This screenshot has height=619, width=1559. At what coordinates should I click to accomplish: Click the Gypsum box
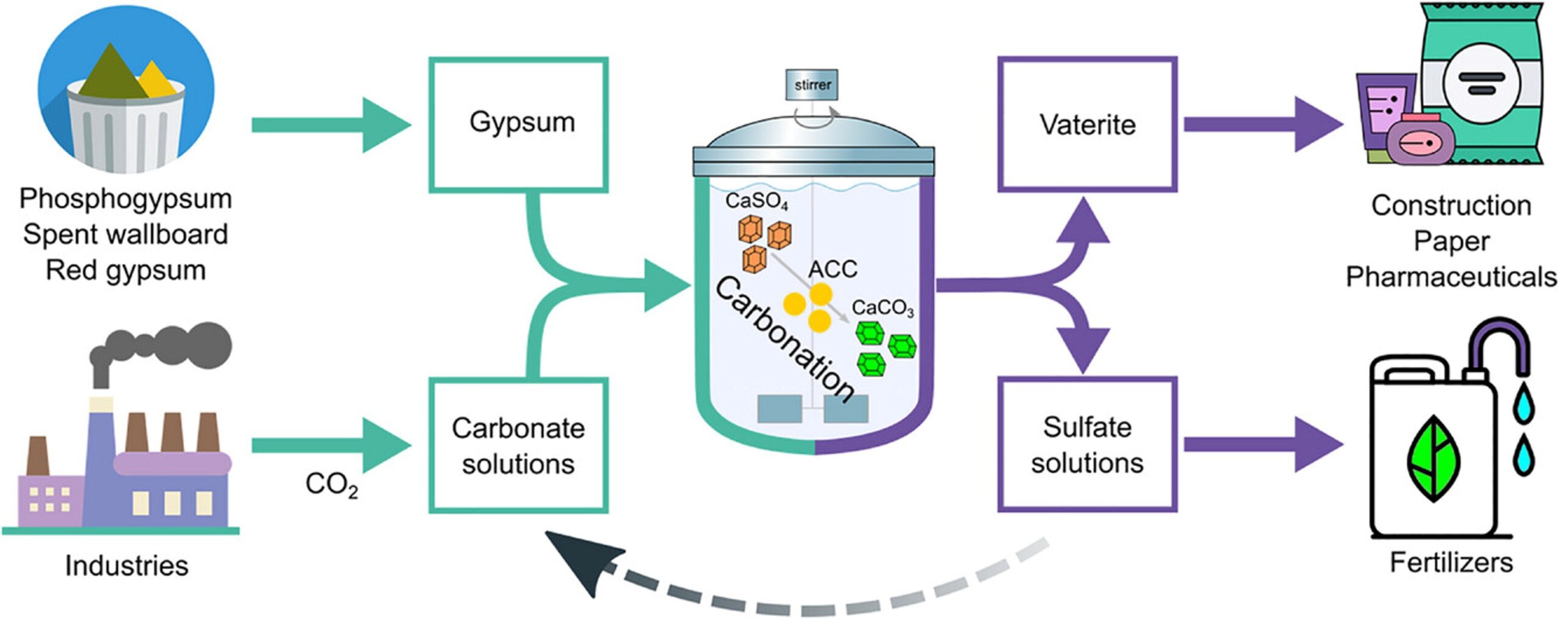point(518,125)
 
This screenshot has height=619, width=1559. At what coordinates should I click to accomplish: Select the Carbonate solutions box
point(518,445)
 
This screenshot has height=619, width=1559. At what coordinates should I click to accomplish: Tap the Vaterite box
point(1087,125)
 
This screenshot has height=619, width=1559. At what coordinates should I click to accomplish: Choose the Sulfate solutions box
point(1087,445)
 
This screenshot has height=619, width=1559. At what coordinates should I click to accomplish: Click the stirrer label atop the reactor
point(812,85)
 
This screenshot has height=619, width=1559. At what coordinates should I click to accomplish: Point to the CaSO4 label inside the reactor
point(756,201)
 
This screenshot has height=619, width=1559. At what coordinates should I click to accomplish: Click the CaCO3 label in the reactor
point(882,308)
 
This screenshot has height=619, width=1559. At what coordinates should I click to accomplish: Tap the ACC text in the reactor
point(832,269)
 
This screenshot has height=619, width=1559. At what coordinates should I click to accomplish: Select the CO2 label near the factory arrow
point(331,484)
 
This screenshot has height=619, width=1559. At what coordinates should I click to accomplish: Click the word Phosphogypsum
point(125,199)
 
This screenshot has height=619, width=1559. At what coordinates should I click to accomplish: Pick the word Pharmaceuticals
point(1451,277)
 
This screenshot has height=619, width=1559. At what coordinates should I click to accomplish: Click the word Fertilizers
point(1451,562)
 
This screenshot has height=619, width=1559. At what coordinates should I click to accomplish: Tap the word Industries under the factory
point(127,565)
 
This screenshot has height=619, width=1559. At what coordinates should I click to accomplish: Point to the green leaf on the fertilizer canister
point(1434,458)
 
